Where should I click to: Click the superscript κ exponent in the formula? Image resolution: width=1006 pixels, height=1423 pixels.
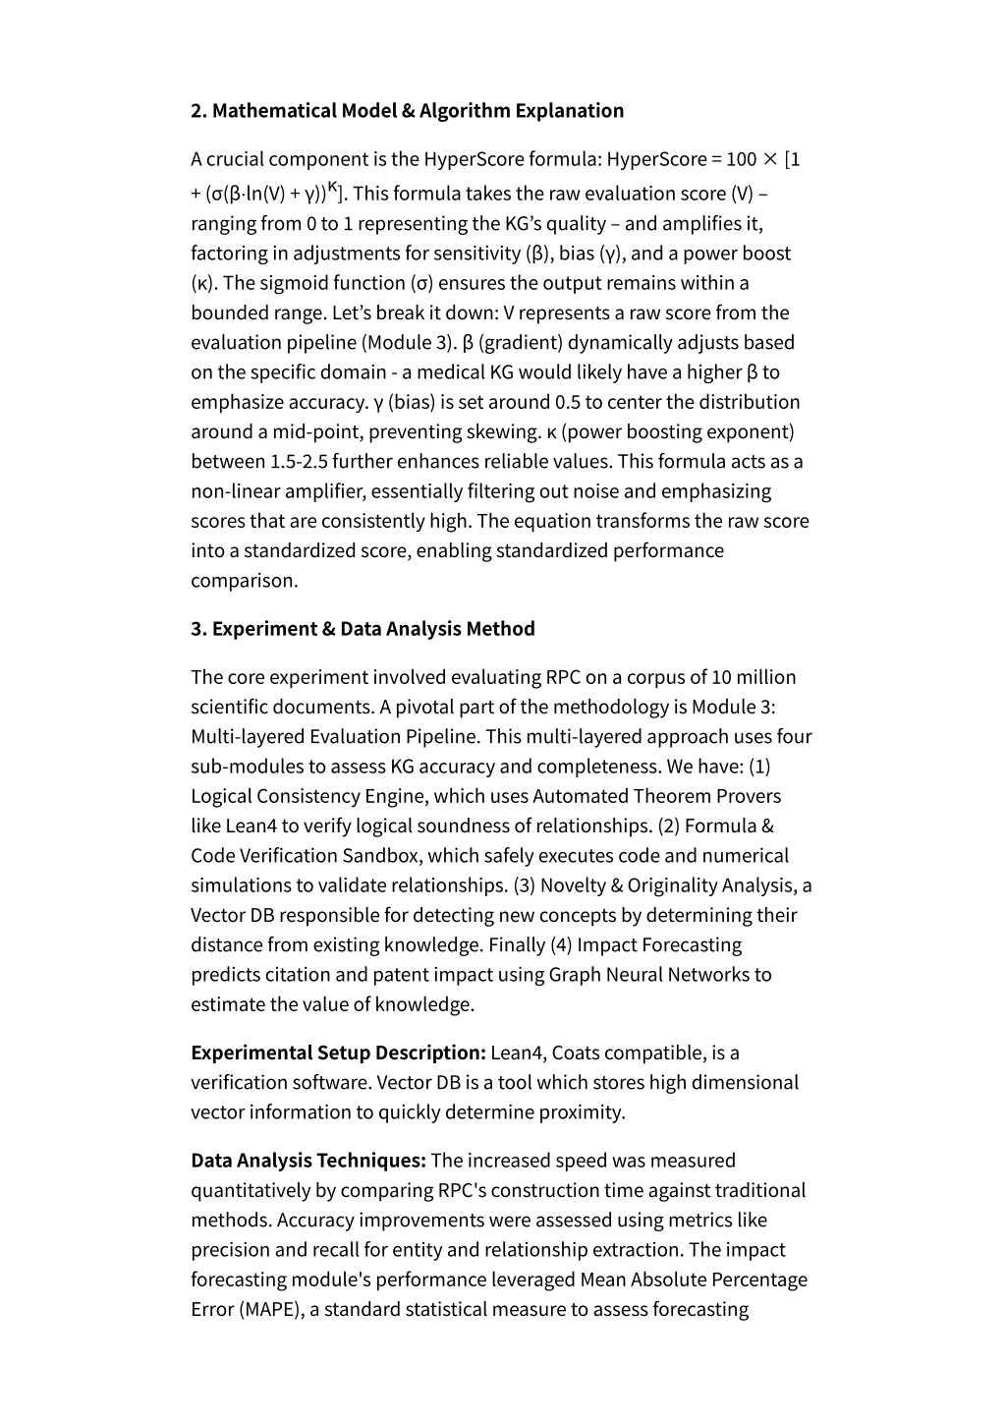click(333, 187)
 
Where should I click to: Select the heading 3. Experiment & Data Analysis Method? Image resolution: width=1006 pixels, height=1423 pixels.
click(363, 629)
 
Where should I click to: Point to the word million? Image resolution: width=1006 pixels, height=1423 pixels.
click(763, 677)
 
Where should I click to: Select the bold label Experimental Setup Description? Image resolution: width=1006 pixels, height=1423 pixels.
click(338, 1053)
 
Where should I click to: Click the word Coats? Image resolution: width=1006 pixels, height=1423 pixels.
click(576, 1053)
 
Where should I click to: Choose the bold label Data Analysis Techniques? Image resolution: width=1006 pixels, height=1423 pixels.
click(307, 1161)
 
